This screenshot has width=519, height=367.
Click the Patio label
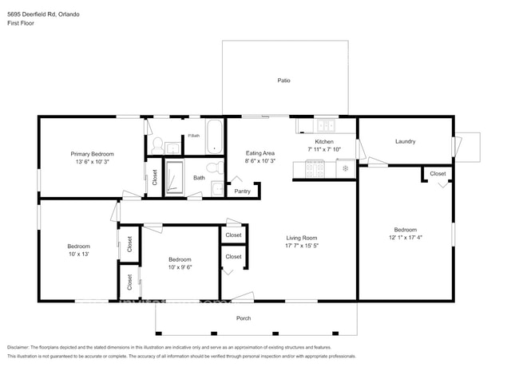tap(283, 81)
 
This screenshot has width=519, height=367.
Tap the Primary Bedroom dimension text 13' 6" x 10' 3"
tap(92, 162)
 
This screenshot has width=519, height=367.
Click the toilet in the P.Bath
tap(156, 145)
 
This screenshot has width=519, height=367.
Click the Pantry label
tap(243, 191)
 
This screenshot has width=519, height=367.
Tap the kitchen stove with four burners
tap(314, 168)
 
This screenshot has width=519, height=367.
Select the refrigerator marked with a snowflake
tap(345, 168)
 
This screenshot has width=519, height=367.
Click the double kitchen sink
tap(325, 126)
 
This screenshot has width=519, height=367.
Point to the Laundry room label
tap(405, 141)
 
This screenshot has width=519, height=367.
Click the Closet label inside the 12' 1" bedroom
tap(438, 173)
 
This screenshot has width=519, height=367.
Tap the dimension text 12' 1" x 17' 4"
tap(405, 237)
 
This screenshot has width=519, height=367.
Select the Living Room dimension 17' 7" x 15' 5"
tap(303, 246)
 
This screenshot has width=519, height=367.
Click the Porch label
tap(244, 318)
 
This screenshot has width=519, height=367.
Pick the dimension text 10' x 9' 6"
tap(180, 267)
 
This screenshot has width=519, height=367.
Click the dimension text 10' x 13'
tap(78, 255)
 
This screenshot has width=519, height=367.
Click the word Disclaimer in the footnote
tap(21, 348)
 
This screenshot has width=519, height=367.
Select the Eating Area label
tap(259, 152)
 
